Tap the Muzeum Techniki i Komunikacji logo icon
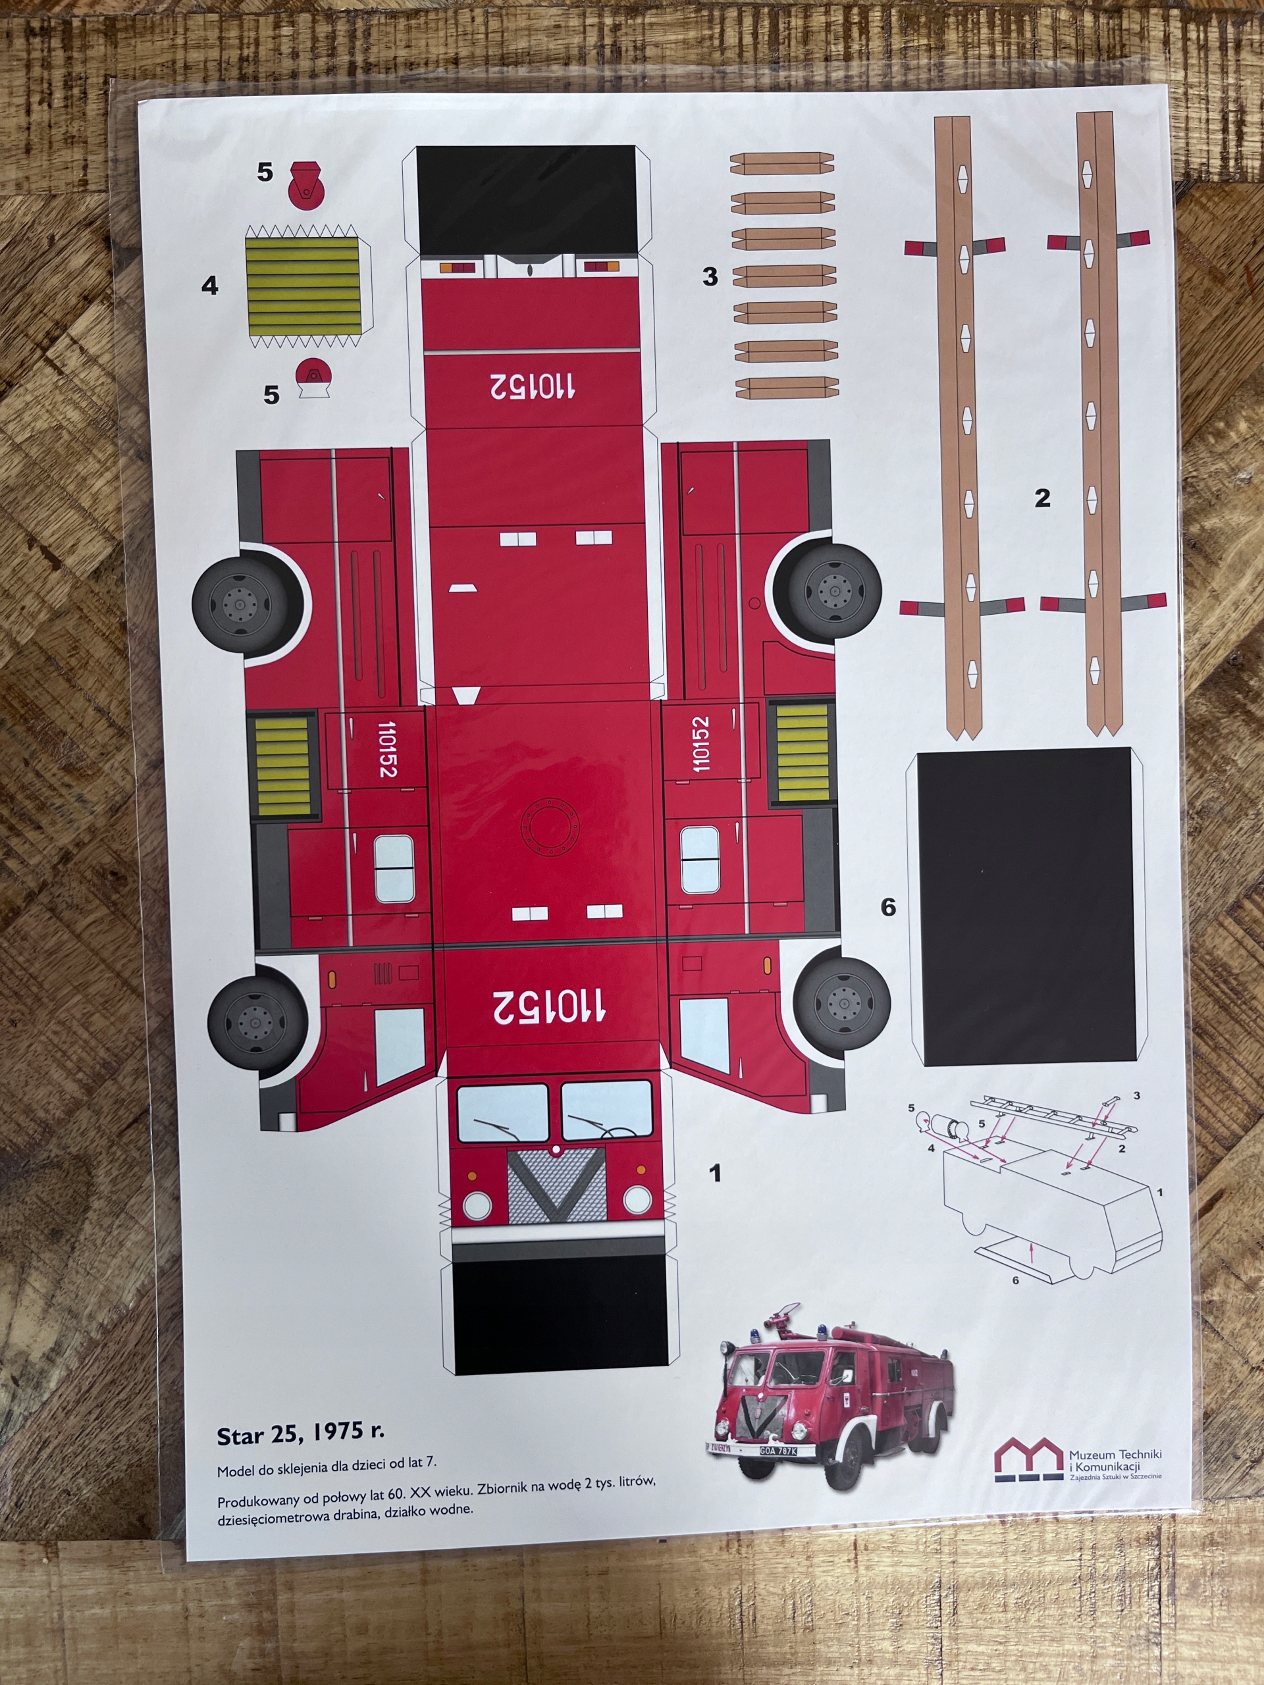pos(1028,1459)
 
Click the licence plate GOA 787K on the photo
pos(778,1451)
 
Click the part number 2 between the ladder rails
pos(1042,498)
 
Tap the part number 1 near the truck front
pos(715,1173)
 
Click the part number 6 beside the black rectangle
pos(888,907)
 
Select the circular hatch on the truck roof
pos(548,826)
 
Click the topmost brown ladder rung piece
pos(781,163)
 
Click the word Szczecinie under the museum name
pos(1142,1477)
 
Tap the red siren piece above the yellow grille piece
pos(305,184)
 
